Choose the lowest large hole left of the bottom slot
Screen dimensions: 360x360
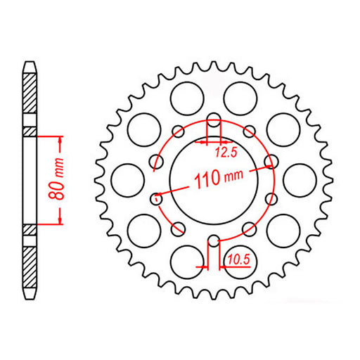click(185, 257)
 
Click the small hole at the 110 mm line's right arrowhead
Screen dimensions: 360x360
click(269, 165)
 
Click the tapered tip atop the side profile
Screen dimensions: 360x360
click(30, 67)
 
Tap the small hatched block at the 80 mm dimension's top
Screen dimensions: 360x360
click(30, 131)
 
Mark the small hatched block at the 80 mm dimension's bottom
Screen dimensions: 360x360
click(30, 230)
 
